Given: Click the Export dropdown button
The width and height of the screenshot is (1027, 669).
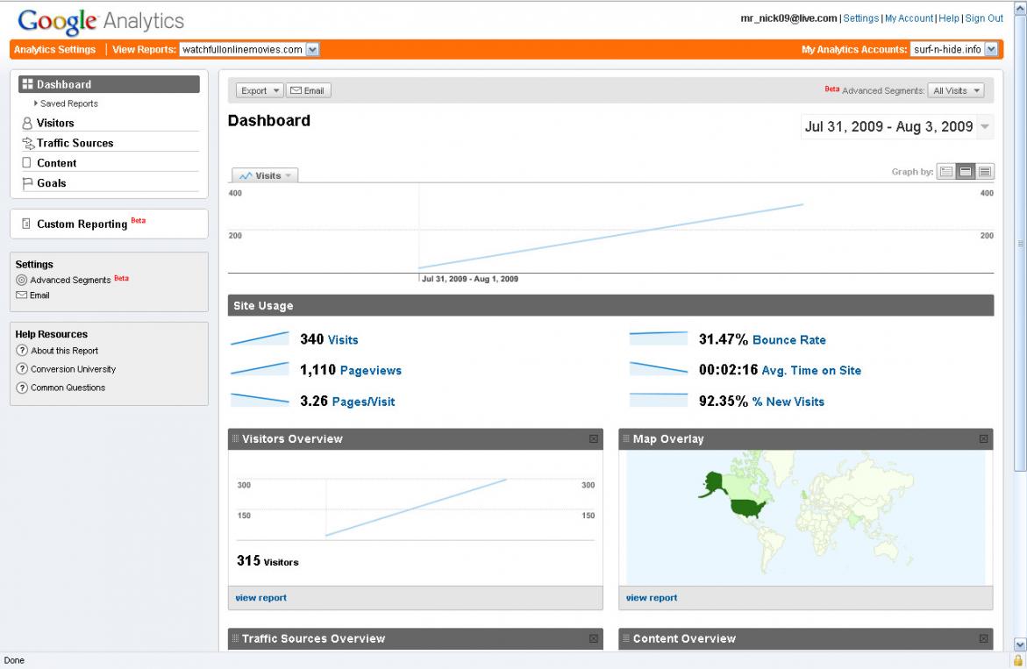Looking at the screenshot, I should coord(260,90).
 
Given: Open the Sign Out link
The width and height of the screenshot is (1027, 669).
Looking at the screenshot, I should coord(984,18).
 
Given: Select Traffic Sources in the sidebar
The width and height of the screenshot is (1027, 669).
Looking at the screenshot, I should coord(75,143).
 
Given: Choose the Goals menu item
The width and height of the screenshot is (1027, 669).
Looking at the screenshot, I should coord(51,183).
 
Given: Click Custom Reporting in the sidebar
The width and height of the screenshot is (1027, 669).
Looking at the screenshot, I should coord(82,224).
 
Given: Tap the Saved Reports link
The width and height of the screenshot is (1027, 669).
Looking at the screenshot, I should coord(69,103).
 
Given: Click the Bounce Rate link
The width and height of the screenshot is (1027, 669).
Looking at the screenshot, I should coord(788,340).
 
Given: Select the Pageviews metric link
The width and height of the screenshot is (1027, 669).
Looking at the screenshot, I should coord(370,371).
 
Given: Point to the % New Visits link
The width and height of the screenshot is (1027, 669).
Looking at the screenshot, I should coord(788,402).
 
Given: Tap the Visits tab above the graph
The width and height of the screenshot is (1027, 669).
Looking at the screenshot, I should coord(265,175).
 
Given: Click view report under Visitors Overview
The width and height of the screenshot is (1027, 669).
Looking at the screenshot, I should coord(261,598).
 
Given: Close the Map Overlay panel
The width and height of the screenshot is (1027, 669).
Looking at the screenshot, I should coord(983,438).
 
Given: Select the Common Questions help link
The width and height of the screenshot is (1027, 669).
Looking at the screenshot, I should coord(68,388).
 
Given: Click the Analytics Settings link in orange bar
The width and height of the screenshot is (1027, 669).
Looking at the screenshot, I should coord(54,50).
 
